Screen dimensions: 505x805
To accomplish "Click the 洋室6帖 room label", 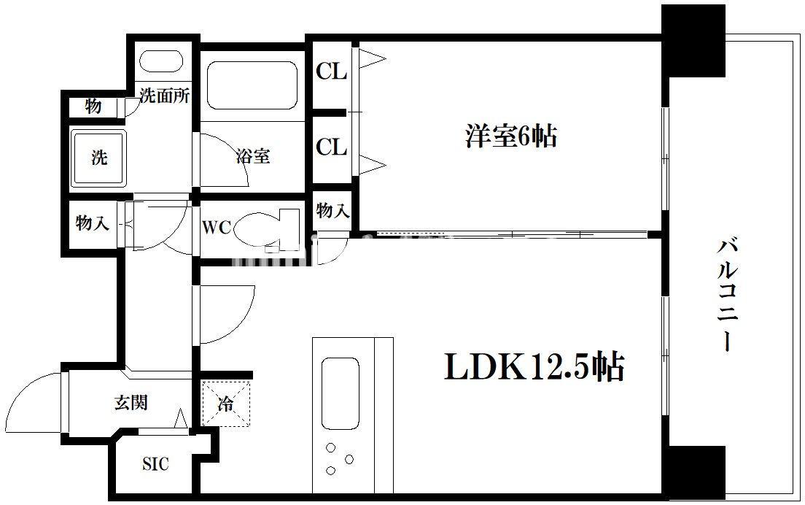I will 510,136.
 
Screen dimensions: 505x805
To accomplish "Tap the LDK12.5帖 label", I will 534,367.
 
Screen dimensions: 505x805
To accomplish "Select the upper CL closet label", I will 331,72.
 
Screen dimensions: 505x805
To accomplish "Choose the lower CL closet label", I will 331,147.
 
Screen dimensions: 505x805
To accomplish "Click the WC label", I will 217,228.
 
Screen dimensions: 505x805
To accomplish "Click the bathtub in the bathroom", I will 252,85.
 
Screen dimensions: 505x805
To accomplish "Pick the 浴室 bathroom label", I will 253,155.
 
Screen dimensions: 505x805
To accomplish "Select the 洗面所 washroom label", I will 165,96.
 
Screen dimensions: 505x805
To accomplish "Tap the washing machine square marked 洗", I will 98,158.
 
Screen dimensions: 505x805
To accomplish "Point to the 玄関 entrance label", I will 131,402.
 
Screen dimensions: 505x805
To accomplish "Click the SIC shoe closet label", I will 155,464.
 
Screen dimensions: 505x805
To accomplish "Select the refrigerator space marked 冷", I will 226,404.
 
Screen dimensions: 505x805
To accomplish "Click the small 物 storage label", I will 93,106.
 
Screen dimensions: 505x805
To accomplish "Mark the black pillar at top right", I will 693,40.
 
